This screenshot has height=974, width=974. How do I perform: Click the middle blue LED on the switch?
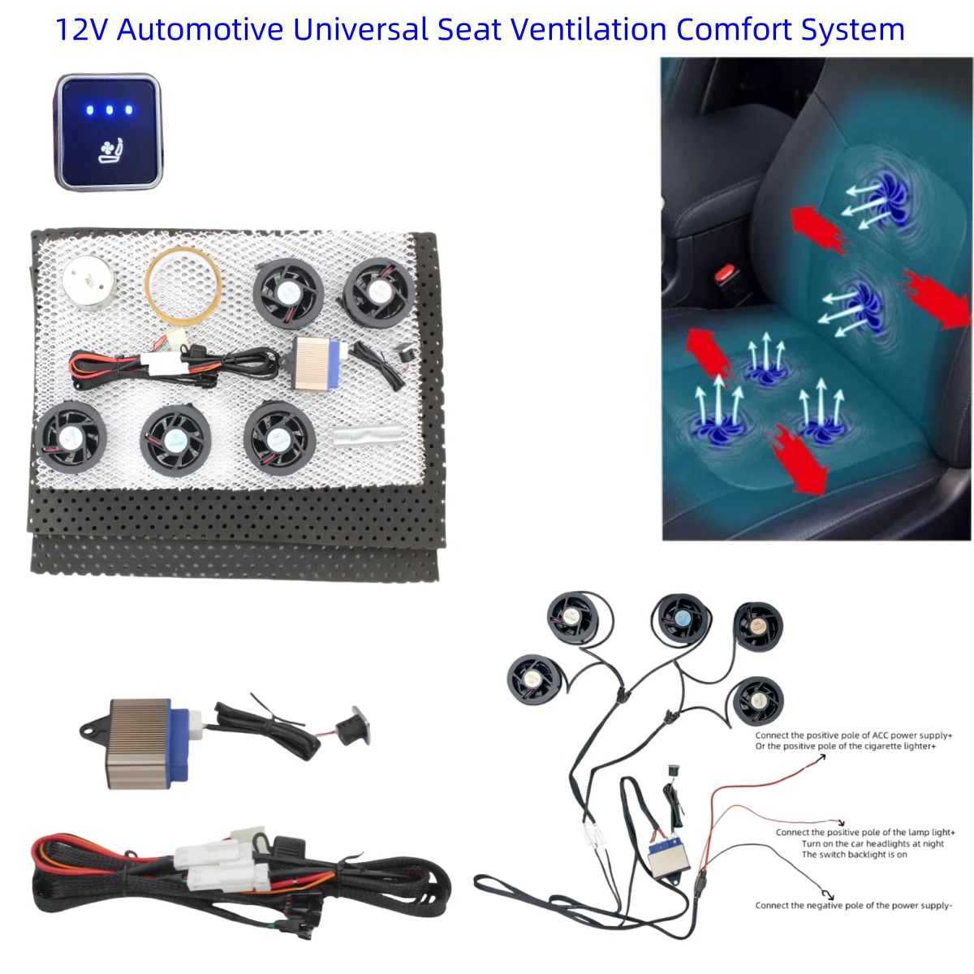point(109,110)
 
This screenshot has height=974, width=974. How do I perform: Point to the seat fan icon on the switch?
point(110,151)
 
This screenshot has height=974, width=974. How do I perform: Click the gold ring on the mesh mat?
point(183,283)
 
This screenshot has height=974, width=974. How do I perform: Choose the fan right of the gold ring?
point(288,293)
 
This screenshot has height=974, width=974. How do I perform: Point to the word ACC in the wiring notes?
point(880,735)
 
